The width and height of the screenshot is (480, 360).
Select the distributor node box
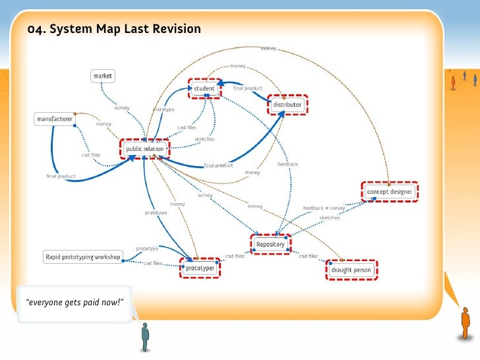click(288, 104)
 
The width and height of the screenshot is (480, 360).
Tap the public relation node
click(144, 149)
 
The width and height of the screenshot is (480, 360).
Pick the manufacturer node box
click(54, 119)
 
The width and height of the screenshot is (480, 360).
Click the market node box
click(102, 76)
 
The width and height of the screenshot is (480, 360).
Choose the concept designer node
click(390, 192)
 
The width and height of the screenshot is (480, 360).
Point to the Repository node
click(270, 244)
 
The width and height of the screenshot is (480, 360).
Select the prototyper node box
click(198, 268)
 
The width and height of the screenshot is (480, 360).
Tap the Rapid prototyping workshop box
click(82, 256)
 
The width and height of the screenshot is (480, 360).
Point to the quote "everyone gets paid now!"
click(75, 303)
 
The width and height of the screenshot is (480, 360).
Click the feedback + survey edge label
click(324, 208)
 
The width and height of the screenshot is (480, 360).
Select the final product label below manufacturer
click(61, 176)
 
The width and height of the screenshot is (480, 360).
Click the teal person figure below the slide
click(146, 336)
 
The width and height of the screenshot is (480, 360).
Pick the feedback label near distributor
click(287, 164)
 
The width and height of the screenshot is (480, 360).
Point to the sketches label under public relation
click(204, 138)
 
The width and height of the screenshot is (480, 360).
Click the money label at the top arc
click(268, 48)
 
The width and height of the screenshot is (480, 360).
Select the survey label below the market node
click(122, 107)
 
